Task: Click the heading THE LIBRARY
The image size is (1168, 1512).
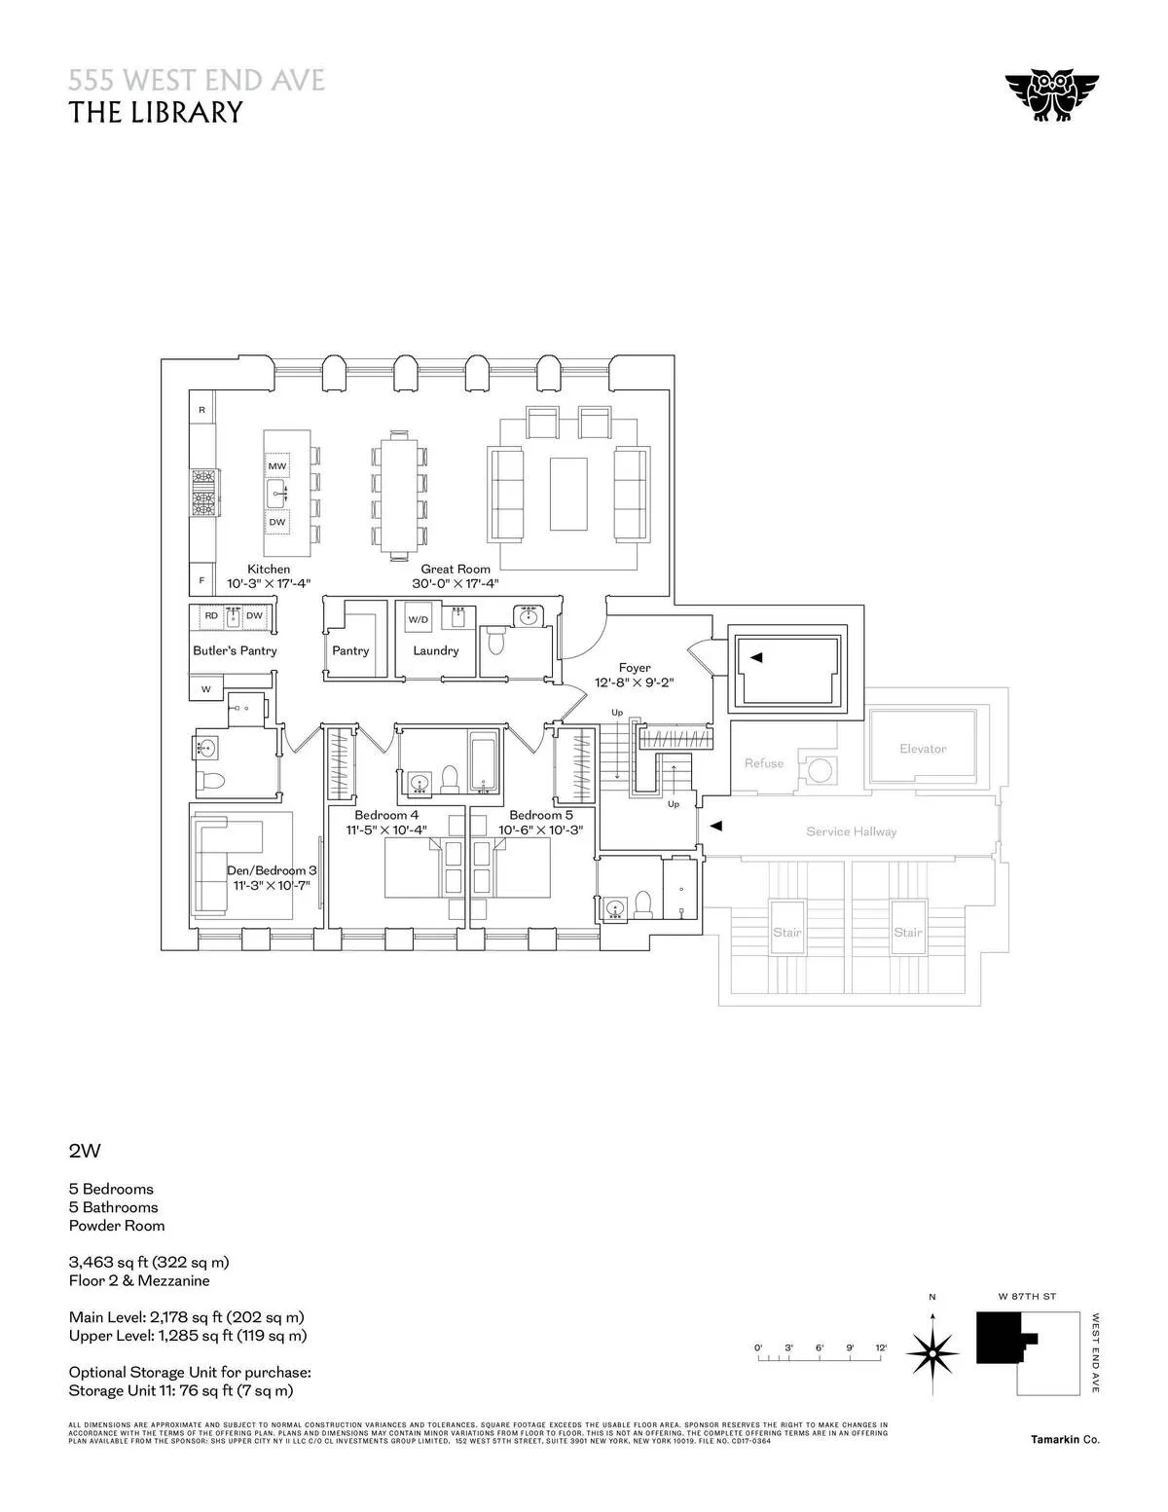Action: (x=155, y=113)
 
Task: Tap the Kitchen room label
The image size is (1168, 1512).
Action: (x=268, y=569)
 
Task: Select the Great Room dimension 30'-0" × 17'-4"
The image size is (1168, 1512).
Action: (x=455, y=584)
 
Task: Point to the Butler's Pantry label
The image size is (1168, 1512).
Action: (x=235, y=650)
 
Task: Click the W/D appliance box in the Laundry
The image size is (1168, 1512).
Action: (x=418, y=619)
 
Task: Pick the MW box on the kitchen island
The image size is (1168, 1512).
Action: (x=277, y=466)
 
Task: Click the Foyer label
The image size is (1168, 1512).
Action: (x=634, y=668)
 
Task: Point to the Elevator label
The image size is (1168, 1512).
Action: (x=923, y=749)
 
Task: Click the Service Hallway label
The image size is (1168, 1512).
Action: (x=851, y=831)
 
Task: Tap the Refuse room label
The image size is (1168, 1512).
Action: (x=763, y=763)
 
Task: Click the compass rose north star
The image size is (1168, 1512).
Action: (x=932, y=1352)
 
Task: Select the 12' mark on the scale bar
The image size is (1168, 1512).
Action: (x=881, y=1347)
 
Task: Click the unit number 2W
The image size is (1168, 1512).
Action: (x=85, y=1151)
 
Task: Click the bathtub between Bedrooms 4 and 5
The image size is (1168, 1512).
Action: (x=484, y=763)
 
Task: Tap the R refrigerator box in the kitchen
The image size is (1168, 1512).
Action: (x=202, y=410)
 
